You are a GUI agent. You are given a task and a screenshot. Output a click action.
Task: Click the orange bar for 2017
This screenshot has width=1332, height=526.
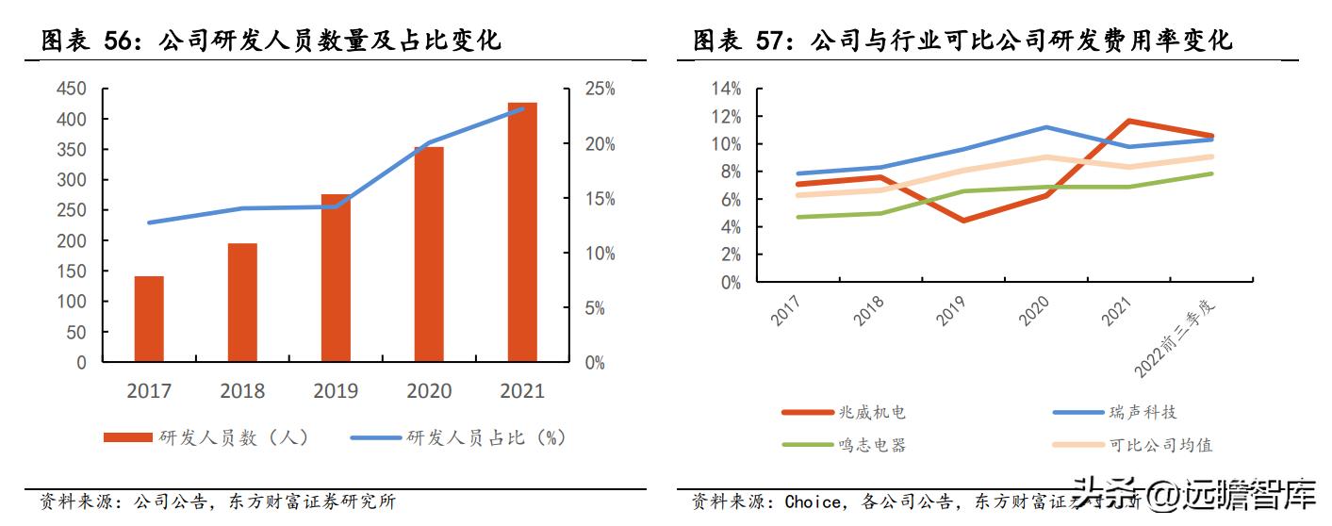(x=149, y=319)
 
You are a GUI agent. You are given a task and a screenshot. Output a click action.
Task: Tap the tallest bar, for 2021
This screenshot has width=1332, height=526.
(x=522, y=232)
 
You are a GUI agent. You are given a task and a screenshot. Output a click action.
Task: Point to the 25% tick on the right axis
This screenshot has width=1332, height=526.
(x=600, y=89)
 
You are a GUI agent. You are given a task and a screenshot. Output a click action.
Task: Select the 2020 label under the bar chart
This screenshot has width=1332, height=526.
(x=429, y=390)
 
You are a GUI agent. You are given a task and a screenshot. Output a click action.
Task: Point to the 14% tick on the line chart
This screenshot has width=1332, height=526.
(x=726, y=89)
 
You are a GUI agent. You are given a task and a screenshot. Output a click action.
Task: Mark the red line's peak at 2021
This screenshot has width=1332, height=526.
(x=1129, y=121)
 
